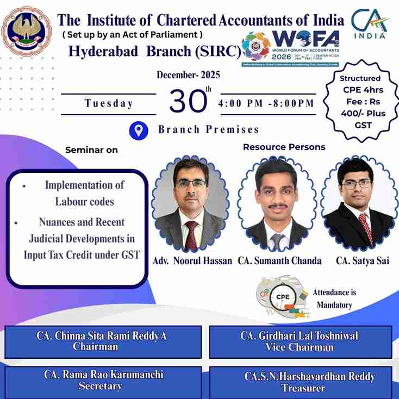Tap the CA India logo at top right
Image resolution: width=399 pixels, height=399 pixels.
pyautogui.click(x=370, y=24)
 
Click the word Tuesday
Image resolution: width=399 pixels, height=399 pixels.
pyautogui.click(x=109, y=103)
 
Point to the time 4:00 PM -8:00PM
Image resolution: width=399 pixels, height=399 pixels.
pyautogui.click(x=266, y=103)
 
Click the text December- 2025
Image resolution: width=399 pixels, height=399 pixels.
pyautogui.click(x=188, y=76)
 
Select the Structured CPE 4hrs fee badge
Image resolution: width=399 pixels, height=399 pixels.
pyautogui.click(x=360, y=101)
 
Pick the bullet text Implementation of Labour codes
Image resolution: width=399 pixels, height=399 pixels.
pyautogui.click(x=84, y=193)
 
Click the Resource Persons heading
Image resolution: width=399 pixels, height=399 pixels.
pyautogui.click(x=284, y=147)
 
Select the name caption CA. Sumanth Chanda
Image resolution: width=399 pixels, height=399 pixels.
pyautogui.click(x=279, y=261)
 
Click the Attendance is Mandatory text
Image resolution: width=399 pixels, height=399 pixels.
pyautogui.click(x=332, y=298)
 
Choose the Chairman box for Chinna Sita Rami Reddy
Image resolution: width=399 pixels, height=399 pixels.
pyautogui.click(x=102, y=341)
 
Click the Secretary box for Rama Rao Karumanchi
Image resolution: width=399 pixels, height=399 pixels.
pyautogui.click(x=102, y=381)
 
